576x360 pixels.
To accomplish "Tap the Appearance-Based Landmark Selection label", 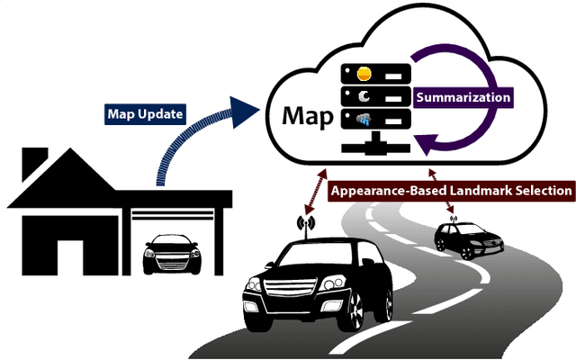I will (451, 191).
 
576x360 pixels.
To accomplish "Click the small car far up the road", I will (464, 238).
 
